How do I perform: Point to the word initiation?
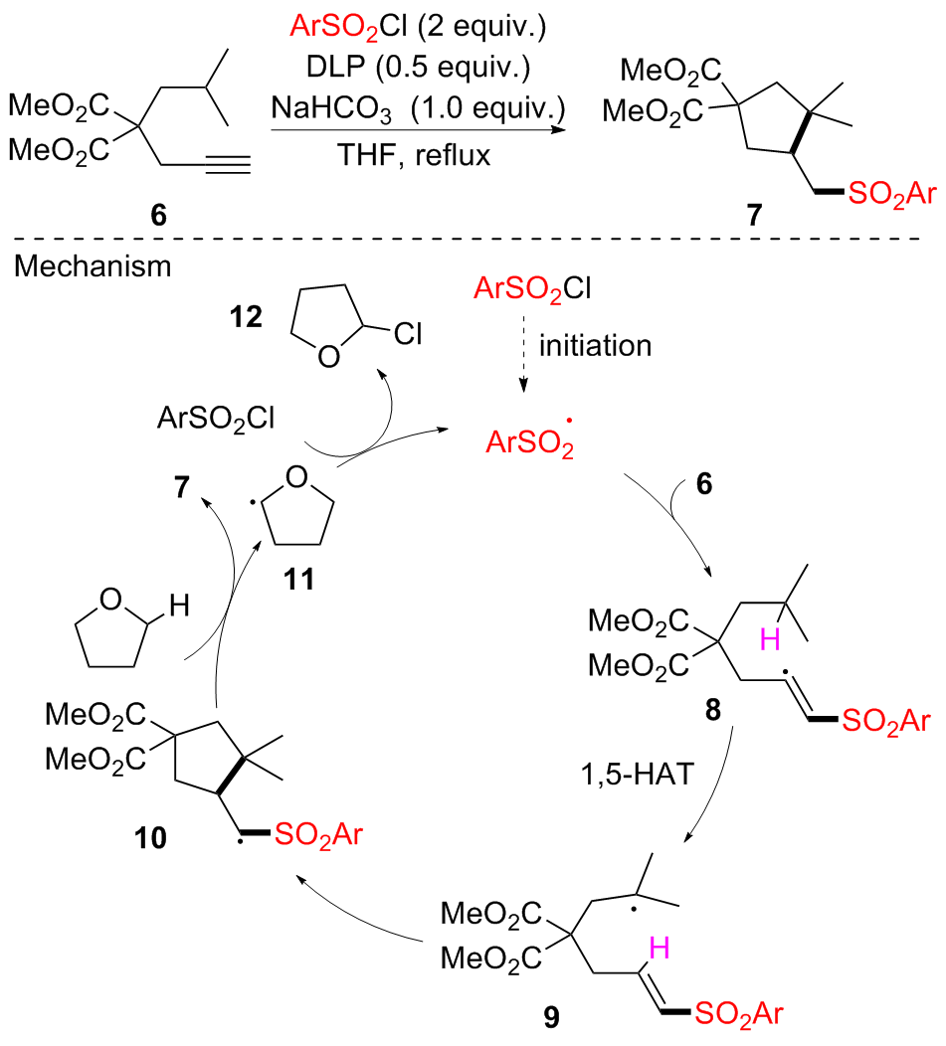593,347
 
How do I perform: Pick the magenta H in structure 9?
660,948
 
